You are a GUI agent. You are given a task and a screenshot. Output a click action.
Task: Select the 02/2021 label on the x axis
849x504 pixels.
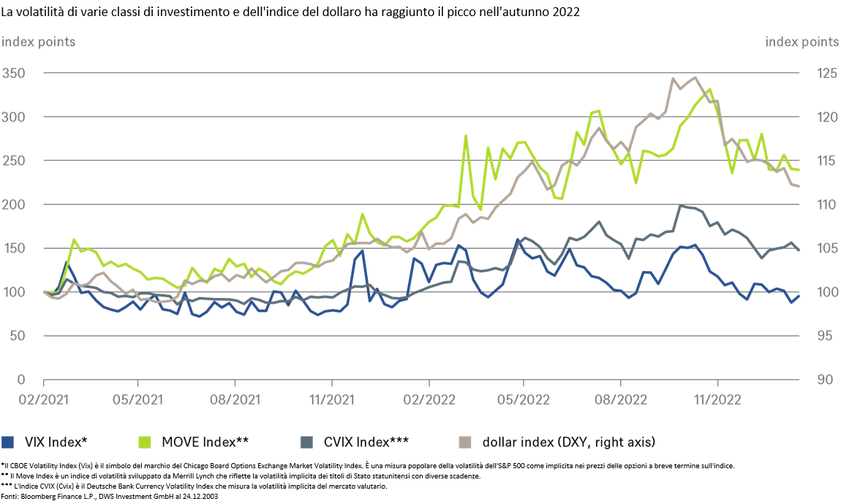[x=43, y=400]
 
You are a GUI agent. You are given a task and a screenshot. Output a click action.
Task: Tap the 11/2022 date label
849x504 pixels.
[x=717, y=400]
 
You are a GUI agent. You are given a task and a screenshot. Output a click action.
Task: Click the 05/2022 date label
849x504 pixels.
[x=524, y=400]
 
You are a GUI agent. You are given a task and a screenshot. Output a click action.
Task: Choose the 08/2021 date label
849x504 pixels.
[x=235, y=400]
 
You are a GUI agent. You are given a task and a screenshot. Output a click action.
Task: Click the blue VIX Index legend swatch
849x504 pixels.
[x=9, y=442]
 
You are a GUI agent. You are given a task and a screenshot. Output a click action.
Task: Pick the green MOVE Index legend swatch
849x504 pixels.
[x=145, y=442]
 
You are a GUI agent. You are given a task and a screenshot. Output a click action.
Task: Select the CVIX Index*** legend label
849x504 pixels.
[x=366, y=442]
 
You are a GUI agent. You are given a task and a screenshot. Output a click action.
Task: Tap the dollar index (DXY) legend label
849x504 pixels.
[x=568, y=442]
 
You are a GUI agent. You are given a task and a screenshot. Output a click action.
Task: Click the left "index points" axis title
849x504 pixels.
[x=38, y=42]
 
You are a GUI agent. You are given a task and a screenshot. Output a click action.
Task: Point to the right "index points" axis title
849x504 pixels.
[x=802, y=42]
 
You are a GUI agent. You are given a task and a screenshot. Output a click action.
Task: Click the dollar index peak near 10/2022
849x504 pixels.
[x=694, y=77]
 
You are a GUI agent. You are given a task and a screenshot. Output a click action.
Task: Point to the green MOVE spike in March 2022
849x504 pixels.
[x=466, y=136]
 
